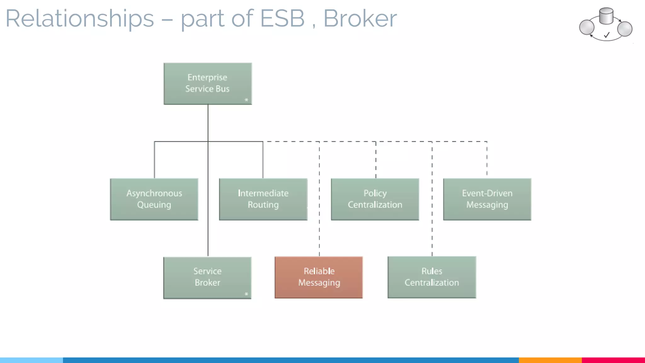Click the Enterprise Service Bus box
pyautogui.click(x=208, y=84)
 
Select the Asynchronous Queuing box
pyautogui.click(x=154, y=199)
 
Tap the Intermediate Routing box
pyautogui.click(x=263, y=199)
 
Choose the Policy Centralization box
pyautogui.click(x=375, y=199)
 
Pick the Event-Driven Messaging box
pyautogui.click(x=487, y=199)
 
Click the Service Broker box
pyautogui.click(x=207, y=277)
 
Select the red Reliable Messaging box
pyautogui.click(x=319, y=277)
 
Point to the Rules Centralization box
pyautogui.click(x=431, y=277)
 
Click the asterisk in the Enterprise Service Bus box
pyautogui.click(x=246, y=100)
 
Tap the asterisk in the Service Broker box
pyautogui.click(x=246, y=294)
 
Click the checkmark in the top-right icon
pyautogui.click(x=607, y=35)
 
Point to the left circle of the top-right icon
pyautogui.click(x=587, y=27)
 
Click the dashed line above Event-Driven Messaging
pyautogui.click(x=487, y=159)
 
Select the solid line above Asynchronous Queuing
pyautogui.click(x=154, y=160)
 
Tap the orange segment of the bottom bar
pyautogui.click(x=550, y=360)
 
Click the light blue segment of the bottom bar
pyautogui.click(x=31, y=360)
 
